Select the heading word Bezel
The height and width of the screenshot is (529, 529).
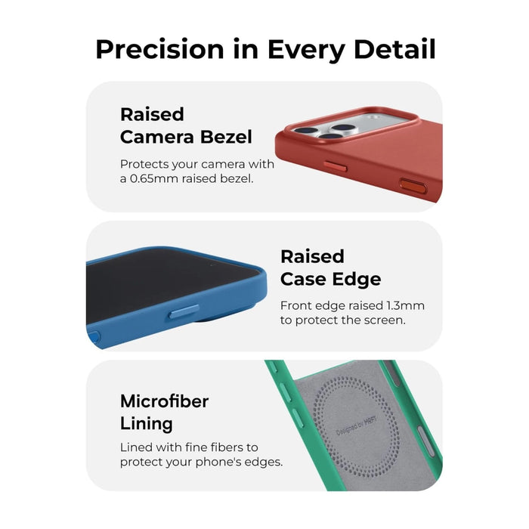225,137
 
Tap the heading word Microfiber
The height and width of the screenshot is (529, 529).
164,401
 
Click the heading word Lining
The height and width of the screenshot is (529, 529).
146,423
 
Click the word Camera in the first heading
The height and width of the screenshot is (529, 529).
156,137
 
